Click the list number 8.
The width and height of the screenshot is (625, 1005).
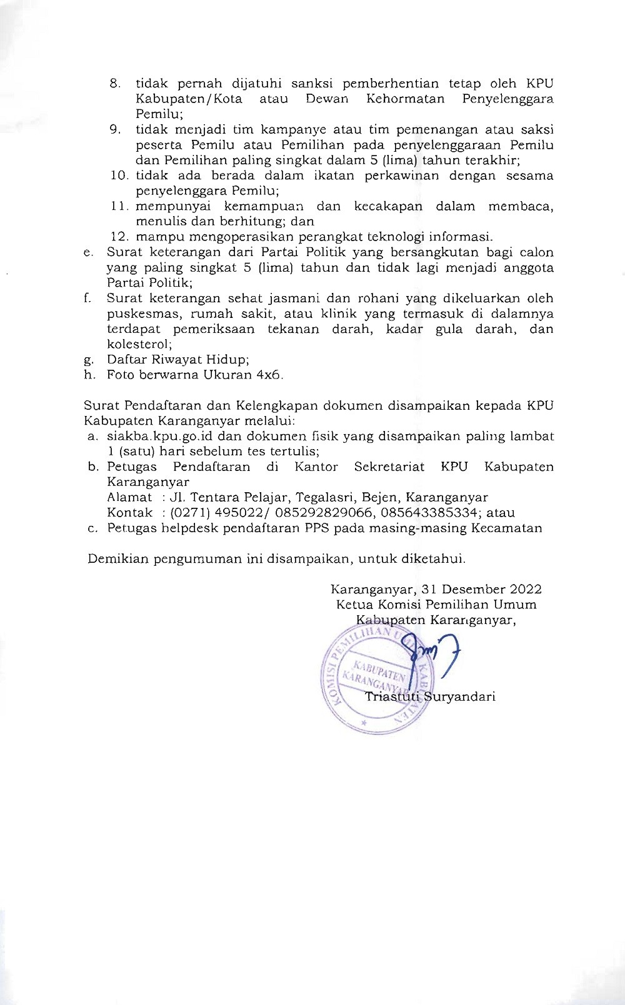[114, 84]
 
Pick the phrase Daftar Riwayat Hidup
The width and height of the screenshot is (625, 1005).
[178, 359]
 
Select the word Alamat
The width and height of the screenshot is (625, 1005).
[129, 497]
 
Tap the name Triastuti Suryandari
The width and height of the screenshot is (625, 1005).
[430, 696]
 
